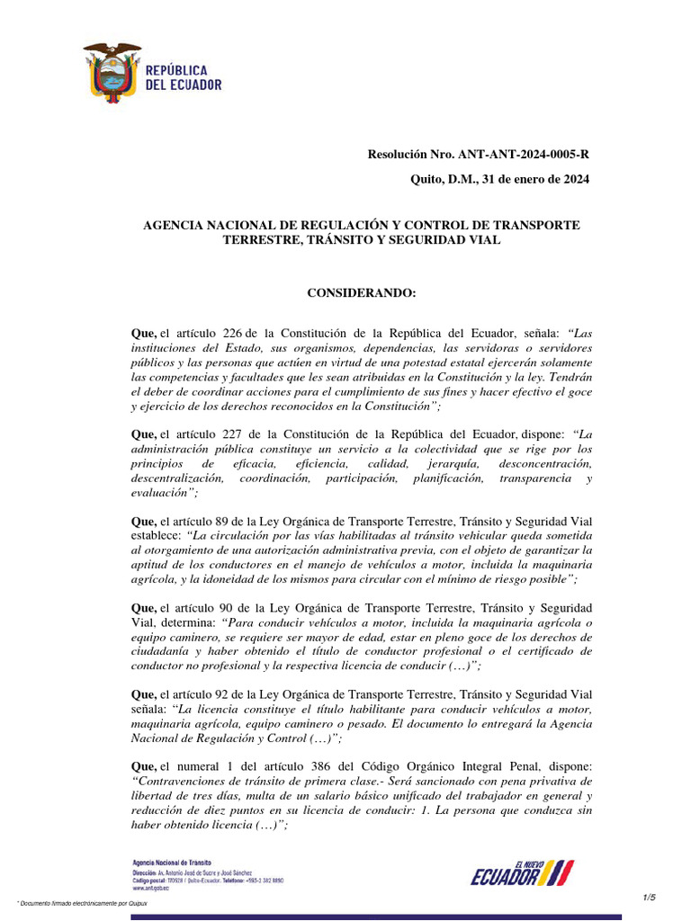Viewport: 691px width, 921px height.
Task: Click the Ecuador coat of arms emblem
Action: pyautogui.click(x=112, y=73)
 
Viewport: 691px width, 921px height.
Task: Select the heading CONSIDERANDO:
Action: pyautogui.click(x=362, y=293)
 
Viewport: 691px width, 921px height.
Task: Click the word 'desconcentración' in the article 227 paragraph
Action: pyautogui.click(x=548, y=463)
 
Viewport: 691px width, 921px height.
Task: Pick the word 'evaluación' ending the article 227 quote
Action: pyautogui.click(x=161, y=493)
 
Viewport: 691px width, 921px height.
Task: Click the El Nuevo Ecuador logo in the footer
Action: pyautogui.click(x=522, y=872)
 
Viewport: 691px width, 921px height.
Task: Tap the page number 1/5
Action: pyautogui.click(x=650, y=897)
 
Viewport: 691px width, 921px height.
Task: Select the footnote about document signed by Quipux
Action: pyautogui.click(x=82, y=903)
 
